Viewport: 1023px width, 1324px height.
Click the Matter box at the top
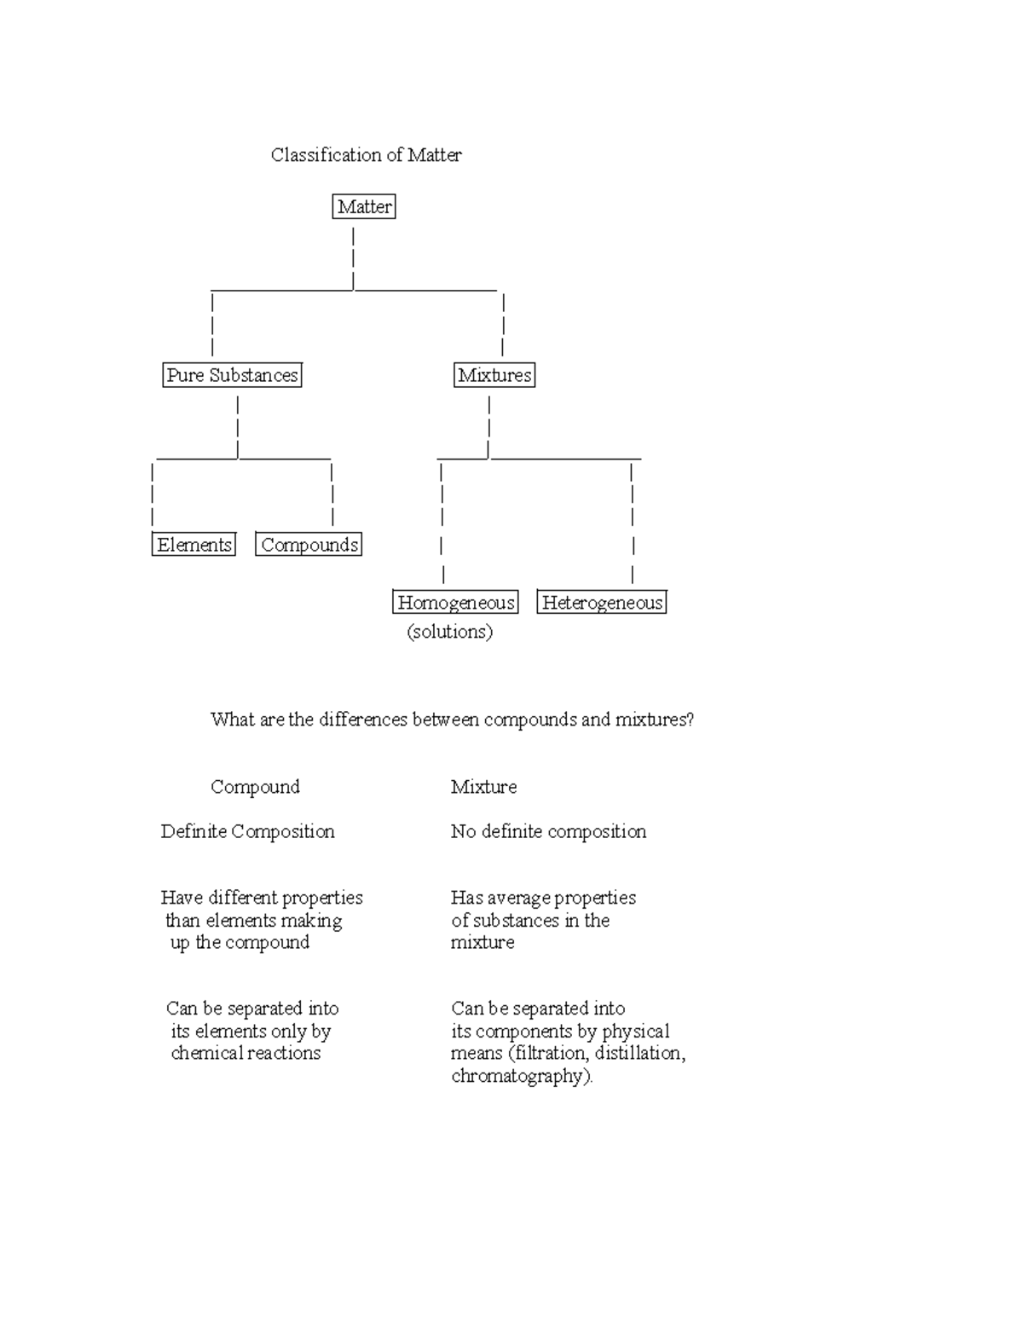[364, 206]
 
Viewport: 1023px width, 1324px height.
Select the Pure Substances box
[232, 375]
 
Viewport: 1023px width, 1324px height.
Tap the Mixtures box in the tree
[494, 375]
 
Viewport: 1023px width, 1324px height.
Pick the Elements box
[194, 545]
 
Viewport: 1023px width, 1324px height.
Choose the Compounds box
[309, 545]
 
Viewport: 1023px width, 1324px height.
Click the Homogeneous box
[455, 603]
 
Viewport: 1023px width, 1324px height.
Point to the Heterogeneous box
[602, 603]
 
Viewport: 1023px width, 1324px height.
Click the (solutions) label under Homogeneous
[449, 632]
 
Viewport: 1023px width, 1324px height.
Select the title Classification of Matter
[366, 155]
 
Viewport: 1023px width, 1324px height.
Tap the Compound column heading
[255, 787]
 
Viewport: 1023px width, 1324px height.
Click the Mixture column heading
[483, 787]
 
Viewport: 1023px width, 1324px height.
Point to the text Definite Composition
[247, 831]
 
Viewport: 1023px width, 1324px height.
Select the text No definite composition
[548, 831]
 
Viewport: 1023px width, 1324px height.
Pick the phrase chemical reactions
[246, 1054]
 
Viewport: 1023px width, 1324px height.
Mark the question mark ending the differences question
[690, 720]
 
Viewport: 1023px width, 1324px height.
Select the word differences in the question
[363, 720]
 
